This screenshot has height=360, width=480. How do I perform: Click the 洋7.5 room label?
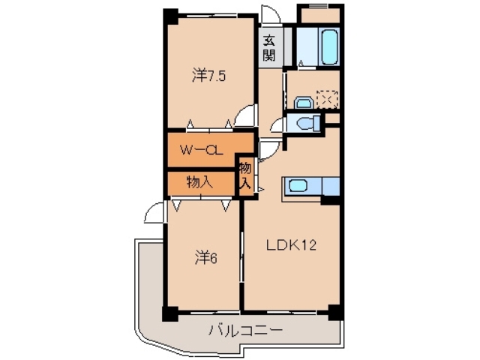point(208,74)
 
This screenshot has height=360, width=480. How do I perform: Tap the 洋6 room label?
point(206,257)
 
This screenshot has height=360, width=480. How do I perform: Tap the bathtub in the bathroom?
point(328,46)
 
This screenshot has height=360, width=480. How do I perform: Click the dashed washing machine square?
point(327,98)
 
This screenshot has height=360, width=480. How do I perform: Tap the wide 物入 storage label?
point(199,182)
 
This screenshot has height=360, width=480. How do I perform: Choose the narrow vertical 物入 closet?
point(246,176)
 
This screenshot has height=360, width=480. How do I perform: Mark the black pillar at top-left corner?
point(171,15)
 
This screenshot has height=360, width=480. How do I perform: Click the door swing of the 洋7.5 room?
point(245,116)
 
